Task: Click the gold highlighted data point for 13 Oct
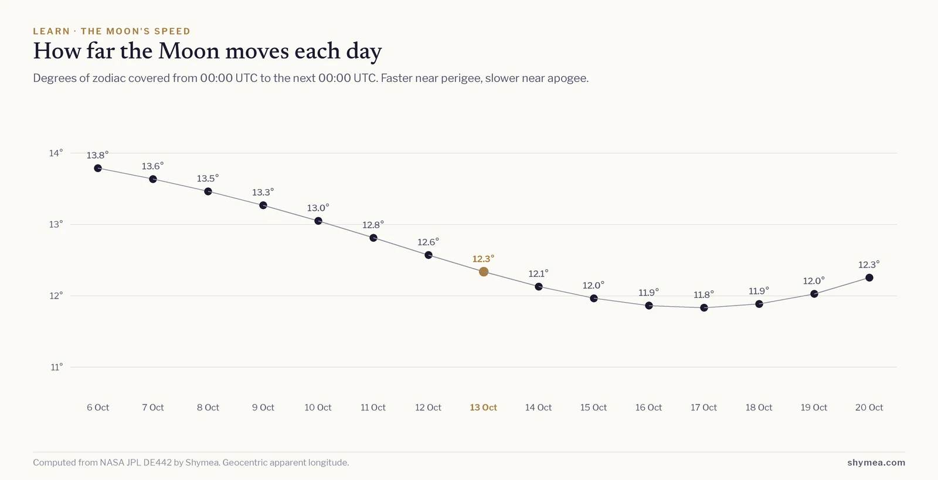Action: click(x=484, y=272)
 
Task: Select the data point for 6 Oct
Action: click(x=98, y=168)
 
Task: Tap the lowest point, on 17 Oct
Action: click(x=704, y=308)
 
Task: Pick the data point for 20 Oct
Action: click(x=869, y=277)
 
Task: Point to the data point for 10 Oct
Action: click(x=318, y=221)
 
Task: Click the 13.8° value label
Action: click(x=97, y=156)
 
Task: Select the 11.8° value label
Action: click(x=704, y=295)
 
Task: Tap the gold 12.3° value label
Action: click(x=483, y=259)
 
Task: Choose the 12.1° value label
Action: click(x=538, y=273)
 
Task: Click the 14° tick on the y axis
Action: click(x=56, y=153)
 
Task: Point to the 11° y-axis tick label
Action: click(x=57, y=367)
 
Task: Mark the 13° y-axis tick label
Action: click(x=56, y=225)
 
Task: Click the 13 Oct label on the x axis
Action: click(x=483, y=407)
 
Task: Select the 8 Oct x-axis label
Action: click(x=208, y=407)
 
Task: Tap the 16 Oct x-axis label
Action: click(x=648, y=407)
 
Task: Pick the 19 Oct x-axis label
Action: click(x=814, y=407)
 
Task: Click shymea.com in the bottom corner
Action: click(x=876, y=462)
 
